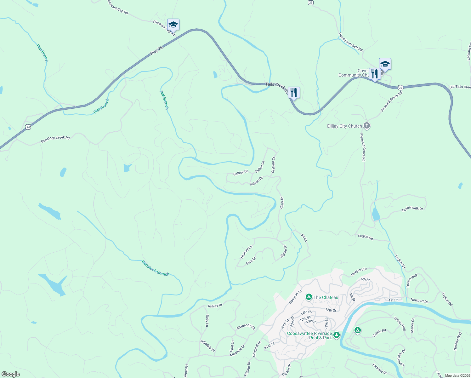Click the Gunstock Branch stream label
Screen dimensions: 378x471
tap(155, 268)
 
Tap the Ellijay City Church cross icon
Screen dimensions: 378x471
tap(366, 126)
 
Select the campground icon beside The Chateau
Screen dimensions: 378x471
tap(309, 297)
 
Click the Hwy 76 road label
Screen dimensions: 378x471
tap(156, 51)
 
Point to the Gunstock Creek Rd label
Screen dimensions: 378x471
tap(55, 139)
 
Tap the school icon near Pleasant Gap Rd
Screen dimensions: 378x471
tap(173, 25)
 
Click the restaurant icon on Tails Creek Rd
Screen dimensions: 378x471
tap(293, 93)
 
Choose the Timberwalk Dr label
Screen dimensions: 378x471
tap(412, 209)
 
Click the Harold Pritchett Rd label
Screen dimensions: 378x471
tap(350, 42)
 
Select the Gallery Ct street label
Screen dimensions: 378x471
tap(241, 173)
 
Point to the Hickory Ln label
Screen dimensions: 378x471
tap(246, 252)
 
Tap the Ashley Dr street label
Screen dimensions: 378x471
tap(215, 306)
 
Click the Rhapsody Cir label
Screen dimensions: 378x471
tap(246, 327)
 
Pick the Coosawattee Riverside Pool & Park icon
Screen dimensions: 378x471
tap(337, 335)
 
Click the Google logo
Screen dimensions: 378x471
tap(10, 374)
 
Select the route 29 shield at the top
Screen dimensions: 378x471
tap(310, 3)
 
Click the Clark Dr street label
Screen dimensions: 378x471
tap(282, 202)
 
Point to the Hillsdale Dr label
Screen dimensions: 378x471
tap(207, 346)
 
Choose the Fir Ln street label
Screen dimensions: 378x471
tap(304, 238)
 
